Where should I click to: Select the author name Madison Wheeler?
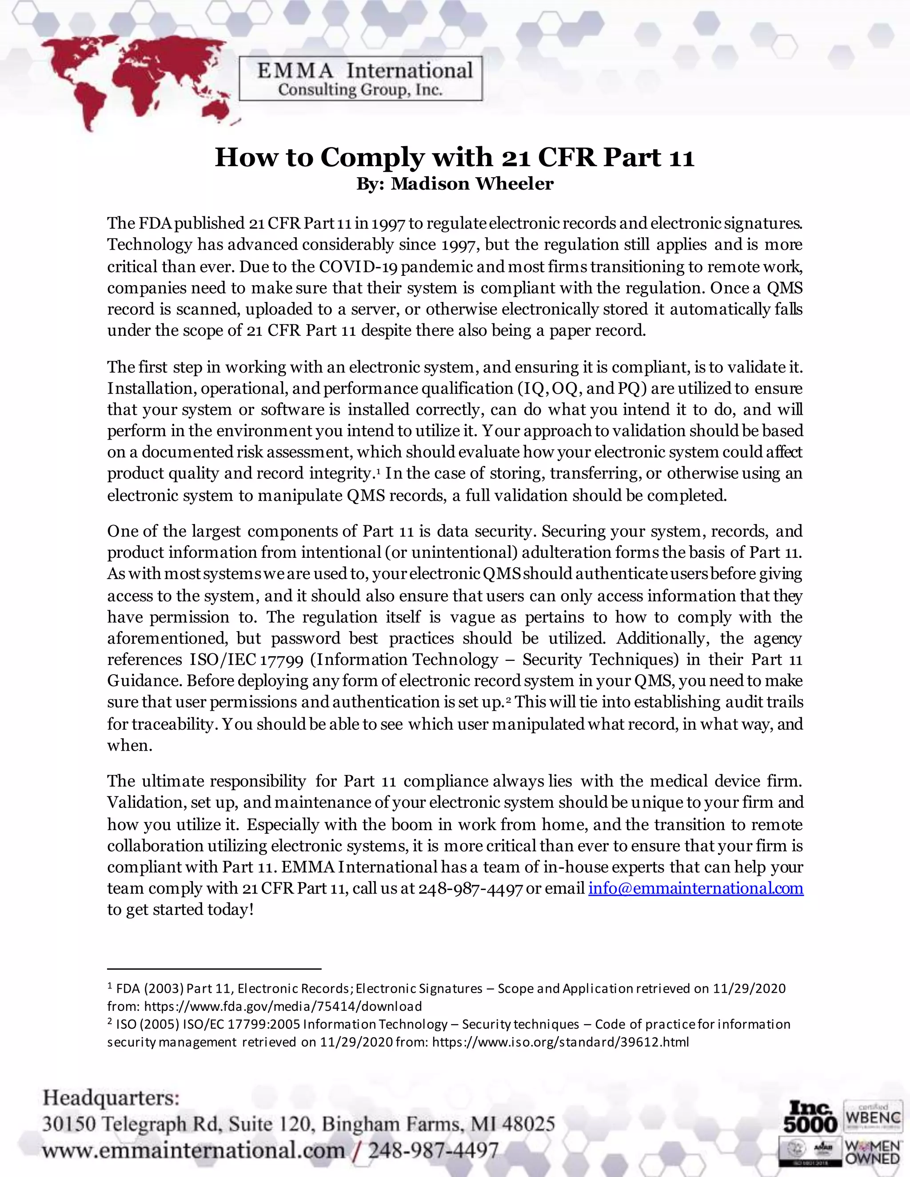click(472, 184)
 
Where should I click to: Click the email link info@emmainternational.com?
click(695, 888)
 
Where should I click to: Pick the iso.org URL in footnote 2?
click(561, 1042)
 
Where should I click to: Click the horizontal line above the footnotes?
click(214, 968)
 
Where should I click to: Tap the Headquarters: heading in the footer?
click(111, 1097)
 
